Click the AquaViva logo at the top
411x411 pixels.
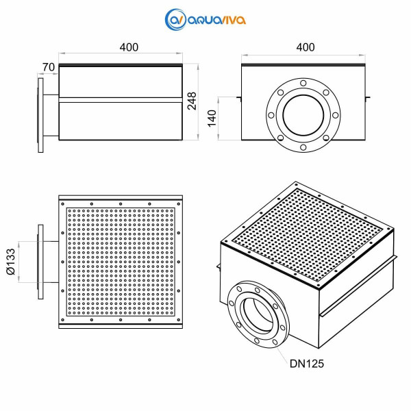click(206, 19)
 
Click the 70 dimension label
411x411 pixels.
click(49, 67)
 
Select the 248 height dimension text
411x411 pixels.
click(192, 101)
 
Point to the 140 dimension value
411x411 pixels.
click(212, 119)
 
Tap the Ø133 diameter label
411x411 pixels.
click(11, 262)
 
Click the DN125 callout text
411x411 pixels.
click(307, 364)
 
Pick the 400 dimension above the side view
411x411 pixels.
click(129, 47)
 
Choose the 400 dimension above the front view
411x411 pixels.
click(306, 47)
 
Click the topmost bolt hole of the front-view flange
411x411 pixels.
click(303, 84)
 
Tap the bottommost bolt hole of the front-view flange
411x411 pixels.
click(303, 147)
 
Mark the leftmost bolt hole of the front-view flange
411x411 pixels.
click(271, 115)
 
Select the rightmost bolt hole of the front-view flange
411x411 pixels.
click(335, 115)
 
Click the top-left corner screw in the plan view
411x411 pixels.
click(62, 204)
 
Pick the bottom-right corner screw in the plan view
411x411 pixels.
click(179, 320)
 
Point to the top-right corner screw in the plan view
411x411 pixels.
click(179, 204)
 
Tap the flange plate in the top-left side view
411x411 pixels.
click(40, 115)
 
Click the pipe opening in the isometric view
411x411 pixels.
click(258, 314)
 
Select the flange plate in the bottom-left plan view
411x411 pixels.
click(40, 262)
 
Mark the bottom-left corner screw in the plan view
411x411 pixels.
click(62, 320)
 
